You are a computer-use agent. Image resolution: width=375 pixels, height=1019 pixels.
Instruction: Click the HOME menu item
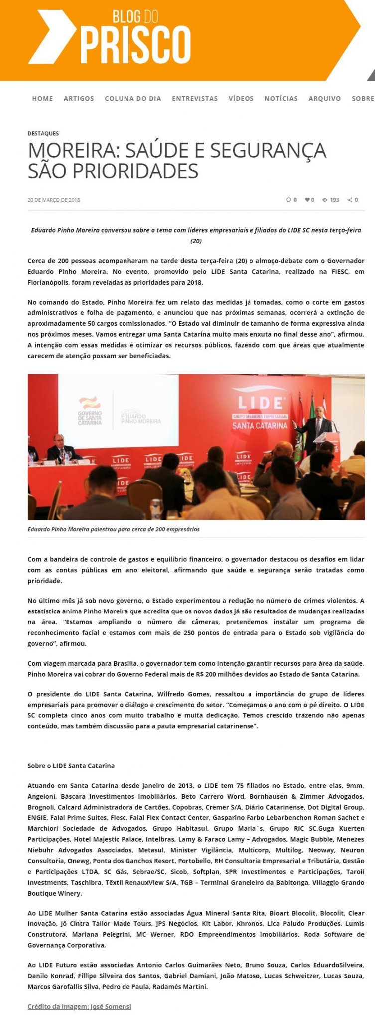pos(42,99)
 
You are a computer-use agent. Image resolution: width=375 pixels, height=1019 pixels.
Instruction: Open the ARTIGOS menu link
pos(79,99)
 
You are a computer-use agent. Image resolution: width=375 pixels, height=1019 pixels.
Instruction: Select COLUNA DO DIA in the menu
pos(133,99)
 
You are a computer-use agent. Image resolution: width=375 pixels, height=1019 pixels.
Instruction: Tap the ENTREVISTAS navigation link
pos(195,99)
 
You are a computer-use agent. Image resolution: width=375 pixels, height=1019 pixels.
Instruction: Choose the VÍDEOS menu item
pos(241,99)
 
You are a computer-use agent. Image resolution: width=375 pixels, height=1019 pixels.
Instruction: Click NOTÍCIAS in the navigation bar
pos(281,99)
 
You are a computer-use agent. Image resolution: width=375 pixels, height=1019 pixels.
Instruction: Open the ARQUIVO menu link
pos(325,99)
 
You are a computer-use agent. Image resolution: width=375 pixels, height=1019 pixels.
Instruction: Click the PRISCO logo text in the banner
pos(135,46)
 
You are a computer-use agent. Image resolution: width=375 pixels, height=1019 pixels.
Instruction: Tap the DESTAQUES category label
pos(43,133)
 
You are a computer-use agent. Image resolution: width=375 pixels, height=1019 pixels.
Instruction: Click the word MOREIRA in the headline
pos(70,150)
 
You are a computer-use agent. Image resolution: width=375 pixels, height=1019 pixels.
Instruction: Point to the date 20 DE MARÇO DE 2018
pos(54,200)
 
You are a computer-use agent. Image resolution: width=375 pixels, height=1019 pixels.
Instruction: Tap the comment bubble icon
pos(288,200)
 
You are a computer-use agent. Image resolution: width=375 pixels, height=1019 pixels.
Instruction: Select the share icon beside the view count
pos(350,200)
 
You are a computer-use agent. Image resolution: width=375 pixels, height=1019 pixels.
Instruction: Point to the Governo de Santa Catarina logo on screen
pos(90,410)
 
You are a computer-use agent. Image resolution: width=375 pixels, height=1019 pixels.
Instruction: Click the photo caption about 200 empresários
pos(114,529)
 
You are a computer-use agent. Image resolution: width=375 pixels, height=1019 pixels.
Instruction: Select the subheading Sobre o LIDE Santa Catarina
pos(71,766)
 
